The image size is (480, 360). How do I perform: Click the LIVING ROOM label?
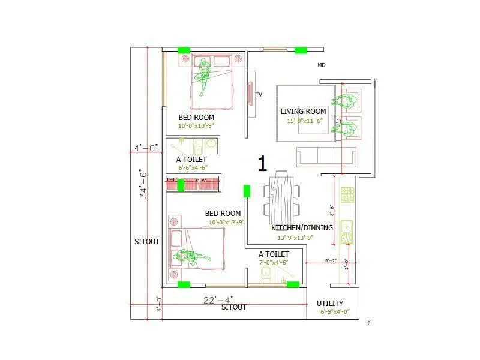pyautogui.click(x=304, y=112)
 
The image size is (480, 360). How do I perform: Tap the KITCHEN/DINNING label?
pyautogui.click(x=301, y=228)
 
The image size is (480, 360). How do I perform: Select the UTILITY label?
pyautogui.click(x=330, y=304)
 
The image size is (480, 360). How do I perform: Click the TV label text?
pyautogui.click(x=259, y=95)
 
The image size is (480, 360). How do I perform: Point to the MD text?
pyautogui.click(x=322, y=65)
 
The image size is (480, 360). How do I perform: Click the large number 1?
pyautogui.click(x=262, y=163)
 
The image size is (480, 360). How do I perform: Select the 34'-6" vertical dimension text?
pyautogui.click(x=143, y=183)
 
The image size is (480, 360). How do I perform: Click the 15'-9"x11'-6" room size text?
pyautogui.click(x=305, y=121)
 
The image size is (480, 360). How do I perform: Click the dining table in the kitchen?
pyautogui.click(x=281, y=198)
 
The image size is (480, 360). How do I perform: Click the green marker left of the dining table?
pyautogui.click(x=247, y=191)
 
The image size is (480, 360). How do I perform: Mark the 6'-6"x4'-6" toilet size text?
pyautogui.click(x=192, y=168)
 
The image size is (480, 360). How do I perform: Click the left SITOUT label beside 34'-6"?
pyautogui.click(x=147, y=242)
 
